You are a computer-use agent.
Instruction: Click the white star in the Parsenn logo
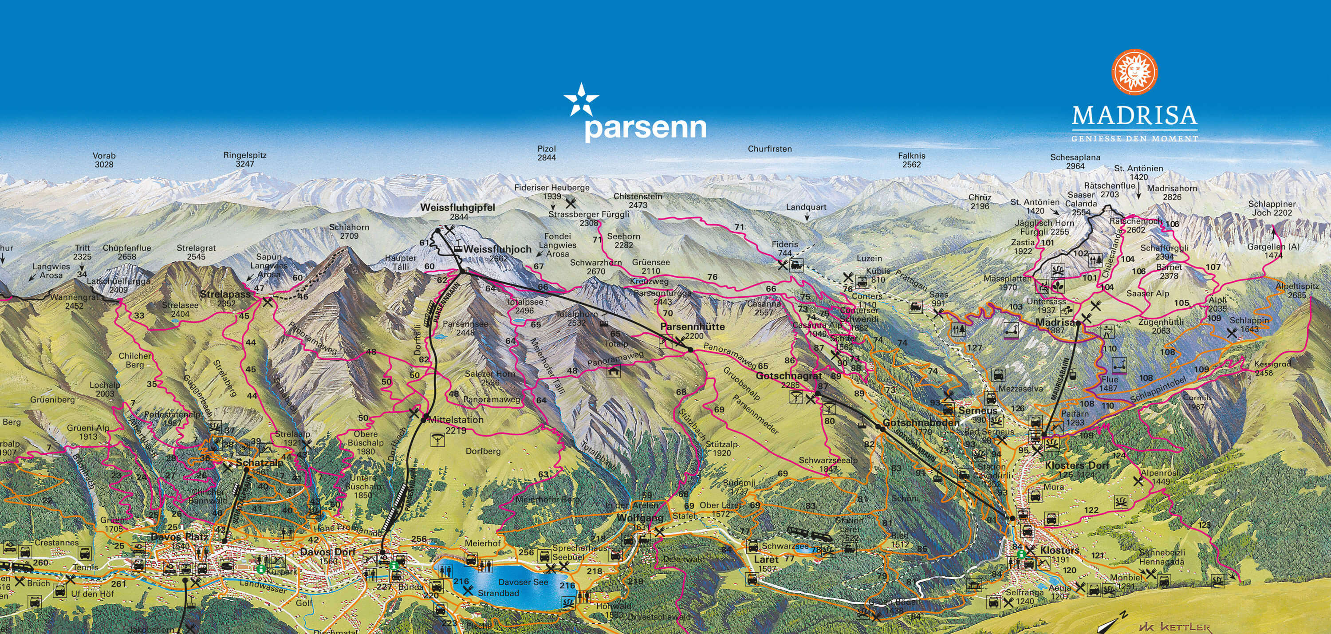[581, 100]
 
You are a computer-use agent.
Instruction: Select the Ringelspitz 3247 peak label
[245, 159]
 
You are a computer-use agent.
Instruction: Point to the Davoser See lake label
[523, 582]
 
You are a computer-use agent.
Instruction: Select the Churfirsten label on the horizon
[769, 149]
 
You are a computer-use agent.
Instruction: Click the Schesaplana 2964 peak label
[1075, 161]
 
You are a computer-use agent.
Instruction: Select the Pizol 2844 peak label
[546, 153]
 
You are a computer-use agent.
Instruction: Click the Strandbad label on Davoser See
[498, 593]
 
